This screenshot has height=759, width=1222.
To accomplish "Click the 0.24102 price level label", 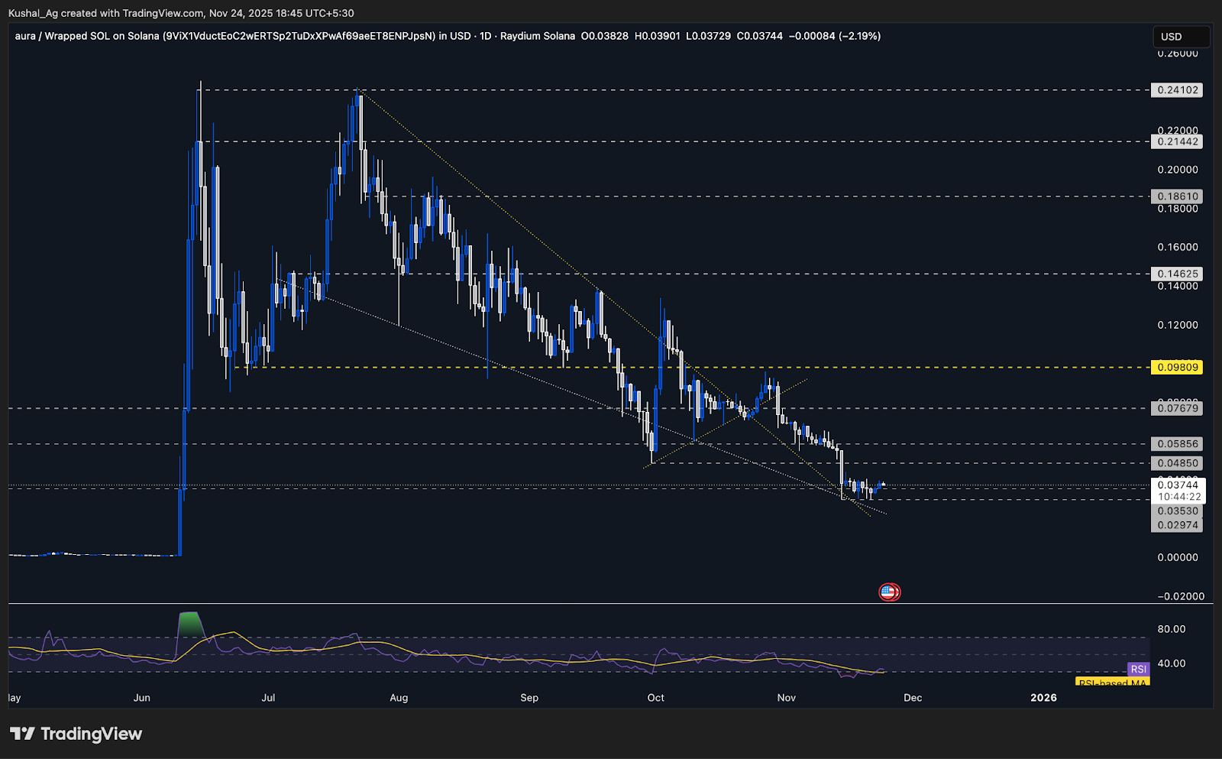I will (1177, 90).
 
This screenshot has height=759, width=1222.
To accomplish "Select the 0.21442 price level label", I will (1177, 141).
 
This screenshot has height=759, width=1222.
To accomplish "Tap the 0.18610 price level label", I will (1177, 196).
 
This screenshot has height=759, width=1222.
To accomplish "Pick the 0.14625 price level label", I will (1177, 274).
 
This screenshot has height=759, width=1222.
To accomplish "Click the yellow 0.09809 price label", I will (1177, 368).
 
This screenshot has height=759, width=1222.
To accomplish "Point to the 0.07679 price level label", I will (1177, 408).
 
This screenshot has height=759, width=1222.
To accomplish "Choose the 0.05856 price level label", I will (1177, 444).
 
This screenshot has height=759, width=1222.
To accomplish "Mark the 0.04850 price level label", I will (1177, 463).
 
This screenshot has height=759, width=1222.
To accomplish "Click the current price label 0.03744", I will (1177, 485).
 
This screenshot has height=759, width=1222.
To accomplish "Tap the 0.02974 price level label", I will (1177, 525).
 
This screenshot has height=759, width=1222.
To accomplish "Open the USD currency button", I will (1180, 37).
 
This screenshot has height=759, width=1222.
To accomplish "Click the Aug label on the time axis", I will (399, 698).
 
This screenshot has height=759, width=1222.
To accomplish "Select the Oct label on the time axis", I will (655, 698).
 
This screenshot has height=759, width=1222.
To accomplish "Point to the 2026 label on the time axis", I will (1043, 698).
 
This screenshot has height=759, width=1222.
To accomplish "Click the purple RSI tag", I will (1138, 670).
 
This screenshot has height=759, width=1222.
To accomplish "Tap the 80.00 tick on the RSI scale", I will (1171, 629).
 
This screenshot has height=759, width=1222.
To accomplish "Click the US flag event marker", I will (888, 592).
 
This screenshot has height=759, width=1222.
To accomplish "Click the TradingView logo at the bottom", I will (76, 735).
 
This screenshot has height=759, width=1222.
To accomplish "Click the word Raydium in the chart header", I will (520, 36).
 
